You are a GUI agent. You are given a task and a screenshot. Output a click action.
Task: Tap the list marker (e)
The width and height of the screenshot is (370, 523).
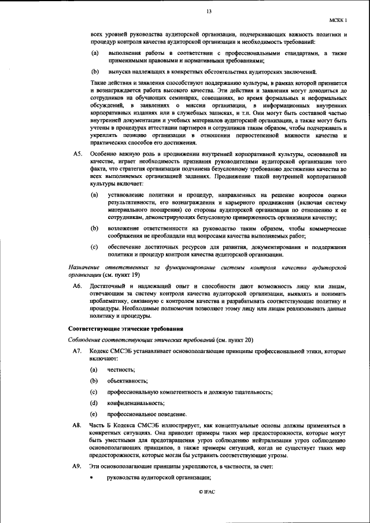click(x=94, y=414)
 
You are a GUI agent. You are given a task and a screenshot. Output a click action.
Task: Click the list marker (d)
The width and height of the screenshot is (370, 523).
click(x=94, y=403)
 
